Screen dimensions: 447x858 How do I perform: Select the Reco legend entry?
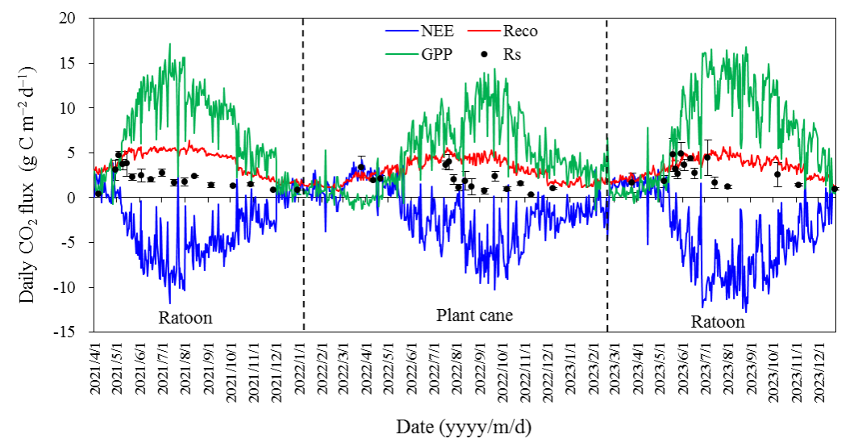(x=519, y=31)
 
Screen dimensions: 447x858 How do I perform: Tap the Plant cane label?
(x=474, y=315)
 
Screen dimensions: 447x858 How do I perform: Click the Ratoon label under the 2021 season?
(x=185, y=318)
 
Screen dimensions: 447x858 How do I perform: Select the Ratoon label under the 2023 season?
(x=718, y=322)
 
